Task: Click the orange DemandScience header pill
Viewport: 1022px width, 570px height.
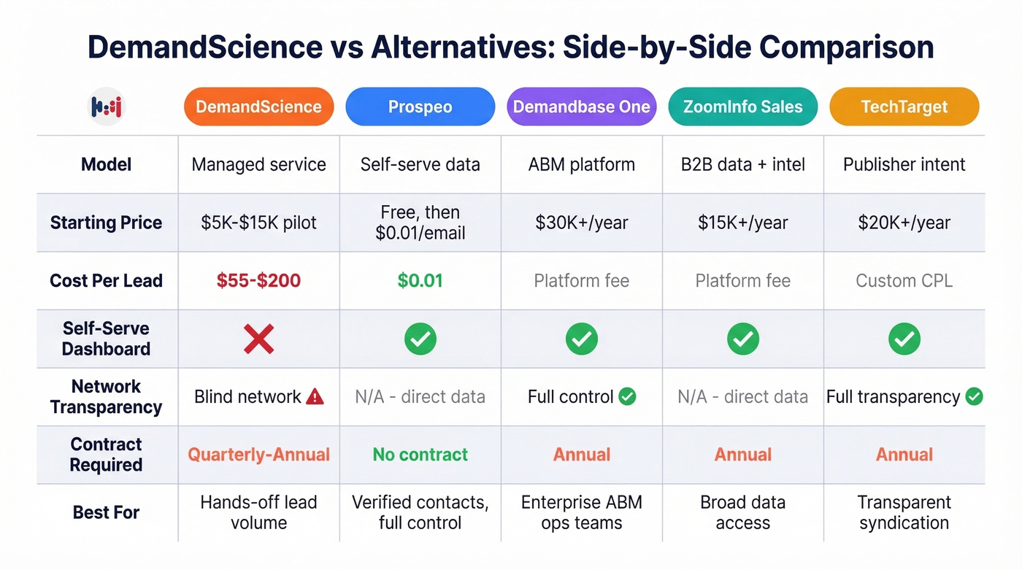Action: click(x=258, y=107)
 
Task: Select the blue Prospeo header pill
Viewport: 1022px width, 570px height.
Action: click(x=420, y=107)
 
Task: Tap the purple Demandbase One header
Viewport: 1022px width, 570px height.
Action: click(x=581, y=107)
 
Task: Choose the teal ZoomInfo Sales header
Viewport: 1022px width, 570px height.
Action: click(x=742, y=107)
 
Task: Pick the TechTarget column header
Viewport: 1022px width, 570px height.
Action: click(x=904, y=107)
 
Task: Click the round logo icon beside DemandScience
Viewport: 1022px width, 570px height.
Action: click(x=107, y=107)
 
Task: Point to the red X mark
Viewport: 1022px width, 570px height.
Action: click(x=258, y=339)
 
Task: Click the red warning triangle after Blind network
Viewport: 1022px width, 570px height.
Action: click(x=315, y=396)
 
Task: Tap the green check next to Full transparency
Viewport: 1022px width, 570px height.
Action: click(x=974, y=396)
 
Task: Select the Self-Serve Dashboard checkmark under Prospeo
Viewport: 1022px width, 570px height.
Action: click(x=420, y=339)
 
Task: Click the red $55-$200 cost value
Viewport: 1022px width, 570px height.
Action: click(x=258, y=280)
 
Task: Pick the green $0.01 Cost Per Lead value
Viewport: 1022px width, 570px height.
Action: click(x=420, y=280)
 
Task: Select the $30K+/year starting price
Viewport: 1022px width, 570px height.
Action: click(x=581, y=223)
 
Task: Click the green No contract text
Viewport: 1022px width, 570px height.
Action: click(x=420, y=455)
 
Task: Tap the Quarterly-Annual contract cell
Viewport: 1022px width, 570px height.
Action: click(x=258, y=455)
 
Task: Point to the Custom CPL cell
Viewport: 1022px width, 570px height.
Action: click(x=904, y=280)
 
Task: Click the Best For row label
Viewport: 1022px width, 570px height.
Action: click(x=106, y=512)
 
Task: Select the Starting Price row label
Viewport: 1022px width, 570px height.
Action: click(x=106, y=223)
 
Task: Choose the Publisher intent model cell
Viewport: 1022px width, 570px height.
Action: click(x=904, y=164)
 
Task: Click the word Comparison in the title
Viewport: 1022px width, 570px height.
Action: click(x=846, y=47)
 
